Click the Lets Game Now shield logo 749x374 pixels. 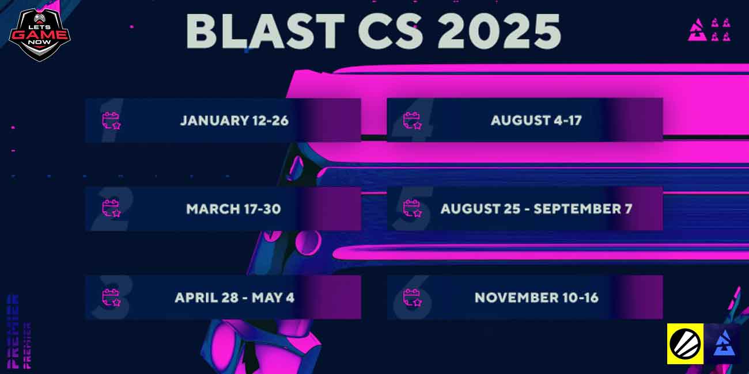(x=39, y=35)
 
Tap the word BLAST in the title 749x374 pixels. (x=265, y=32)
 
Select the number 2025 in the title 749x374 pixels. (x=499, y=32)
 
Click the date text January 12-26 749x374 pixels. (x=234, y=121)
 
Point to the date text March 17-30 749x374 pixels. (x=233, y=209)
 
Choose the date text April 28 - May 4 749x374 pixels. (x=234, y=297)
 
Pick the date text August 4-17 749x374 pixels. (x=536, y=120)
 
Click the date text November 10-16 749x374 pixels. (x=536, y=297)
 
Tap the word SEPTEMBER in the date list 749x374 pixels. (x=577, y=209)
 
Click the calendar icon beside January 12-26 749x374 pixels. (x=111, y=121)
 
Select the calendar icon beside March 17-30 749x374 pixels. (x=111, y=208)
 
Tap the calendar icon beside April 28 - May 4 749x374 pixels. (x=111, y=297)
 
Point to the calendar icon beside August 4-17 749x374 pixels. (x=413, y=121)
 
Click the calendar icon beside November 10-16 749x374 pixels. (x=413, y=297)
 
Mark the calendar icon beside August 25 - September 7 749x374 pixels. (x=413, y=208)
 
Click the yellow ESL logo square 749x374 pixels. (x=685, y=344)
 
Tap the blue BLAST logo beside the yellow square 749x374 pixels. (x=724, y=344)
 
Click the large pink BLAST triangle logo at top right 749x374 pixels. (x=697, y=30)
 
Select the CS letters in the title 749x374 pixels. (x=391, y=32)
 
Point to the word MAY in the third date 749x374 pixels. (x=266, y=297)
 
